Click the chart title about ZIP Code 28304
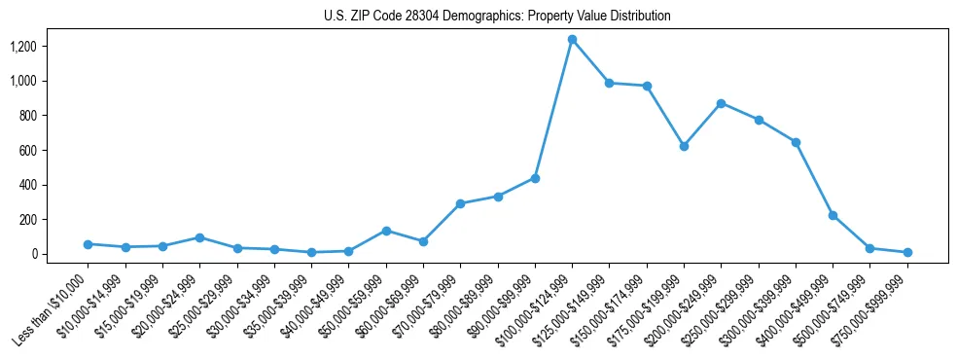click(x=497, y=16)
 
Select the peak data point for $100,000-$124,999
click(x=572, y=39)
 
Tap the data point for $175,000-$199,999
click(x=684, y=146)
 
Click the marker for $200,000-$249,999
click(x=721, y=103)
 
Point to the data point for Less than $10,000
click(x=88, y=244)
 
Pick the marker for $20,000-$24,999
click(x=199, y=237)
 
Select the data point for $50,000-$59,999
click(x=386, y=231)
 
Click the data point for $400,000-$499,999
click(x=833, y=215)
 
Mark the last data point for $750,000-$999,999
click(x=907, y=252)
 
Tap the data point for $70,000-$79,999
click(x=460, y=203)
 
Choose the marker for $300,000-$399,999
click(x=796, y=142)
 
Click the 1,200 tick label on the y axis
click(x=23, y=46)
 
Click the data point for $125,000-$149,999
click(x=609, y=83)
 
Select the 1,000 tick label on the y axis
click(x=23, y=81)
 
